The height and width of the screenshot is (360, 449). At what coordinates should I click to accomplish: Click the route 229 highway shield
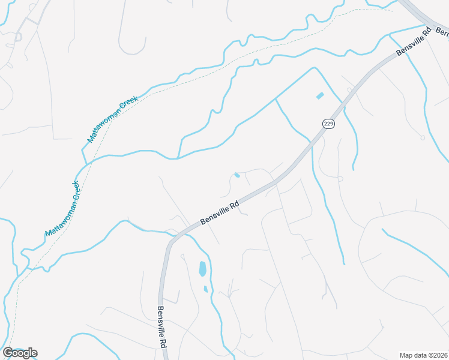pos(328,124)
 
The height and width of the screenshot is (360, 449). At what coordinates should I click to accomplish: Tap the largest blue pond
pos(202,268)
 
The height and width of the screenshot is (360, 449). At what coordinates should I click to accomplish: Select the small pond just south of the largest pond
pos(205,289)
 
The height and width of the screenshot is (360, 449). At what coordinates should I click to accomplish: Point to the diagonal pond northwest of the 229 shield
pos(319,95)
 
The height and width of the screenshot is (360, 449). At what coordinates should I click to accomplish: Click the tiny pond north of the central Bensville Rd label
pos(237,175)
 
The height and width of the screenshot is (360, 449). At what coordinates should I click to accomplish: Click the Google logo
pos(20,353)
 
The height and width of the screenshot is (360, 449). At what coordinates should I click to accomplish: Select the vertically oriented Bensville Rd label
pos(161,328)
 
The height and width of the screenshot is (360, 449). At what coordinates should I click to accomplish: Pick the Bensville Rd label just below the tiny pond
pos(220,211)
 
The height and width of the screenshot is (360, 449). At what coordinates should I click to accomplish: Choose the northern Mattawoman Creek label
pos(113,119)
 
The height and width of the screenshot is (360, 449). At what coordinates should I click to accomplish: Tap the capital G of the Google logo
pos(8,353)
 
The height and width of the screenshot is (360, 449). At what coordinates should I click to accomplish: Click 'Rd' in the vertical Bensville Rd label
pos(162,344)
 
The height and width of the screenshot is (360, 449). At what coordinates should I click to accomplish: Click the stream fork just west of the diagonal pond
pos(276,99)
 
